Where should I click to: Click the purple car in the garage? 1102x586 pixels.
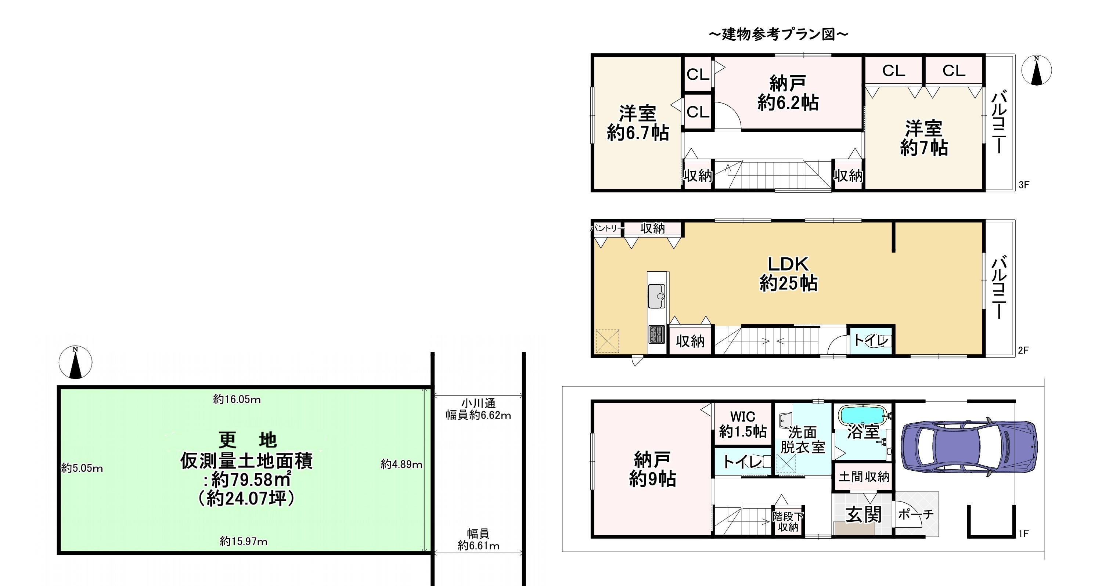pos(969,446)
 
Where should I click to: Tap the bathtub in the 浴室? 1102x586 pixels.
pos(863,415)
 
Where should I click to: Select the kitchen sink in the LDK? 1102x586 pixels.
pos(656,296)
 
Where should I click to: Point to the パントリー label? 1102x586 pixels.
pos(606,228)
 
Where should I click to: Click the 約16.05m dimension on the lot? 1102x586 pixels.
pos(237,399)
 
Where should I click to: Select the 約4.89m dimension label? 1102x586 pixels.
pos(401,464)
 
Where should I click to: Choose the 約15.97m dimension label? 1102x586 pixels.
pos(244,542)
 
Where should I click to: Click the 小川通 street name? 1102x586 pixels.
pos(478,404)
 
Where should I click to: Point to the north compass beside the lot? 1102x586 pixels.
pos(75,362)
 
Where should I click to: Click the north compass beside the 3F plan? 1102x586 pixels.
pos(1036,70)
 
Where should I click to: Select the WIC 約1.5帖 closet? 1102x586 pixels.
pos(743,424)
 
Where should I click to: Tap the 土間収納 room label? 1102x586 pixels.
pos(864,477)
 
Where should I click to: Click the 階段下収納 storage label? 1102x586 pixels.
pos(788,522)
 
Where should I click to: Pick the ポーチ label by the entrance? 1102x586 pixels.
pos(915,514)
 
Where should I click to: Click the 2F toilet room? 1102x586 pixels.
pos(871,340)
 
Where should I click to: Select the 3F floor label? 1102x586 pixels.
pos(1024,185)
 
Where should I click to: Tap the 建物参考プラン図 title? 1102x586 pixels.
pos(779,34)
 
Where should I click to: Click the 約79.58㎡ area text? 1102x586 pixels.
pos(247,480)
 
